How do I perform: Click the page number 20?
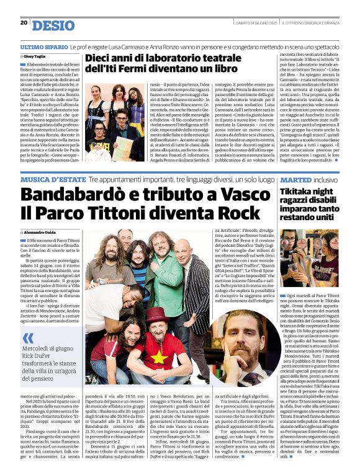[24, 23]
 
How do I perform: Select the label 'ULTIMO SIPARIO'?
[44, 47]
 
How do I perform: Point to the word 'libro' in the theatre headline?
[216, 69]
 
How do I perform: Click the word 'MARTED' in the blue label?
[296, 179]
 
